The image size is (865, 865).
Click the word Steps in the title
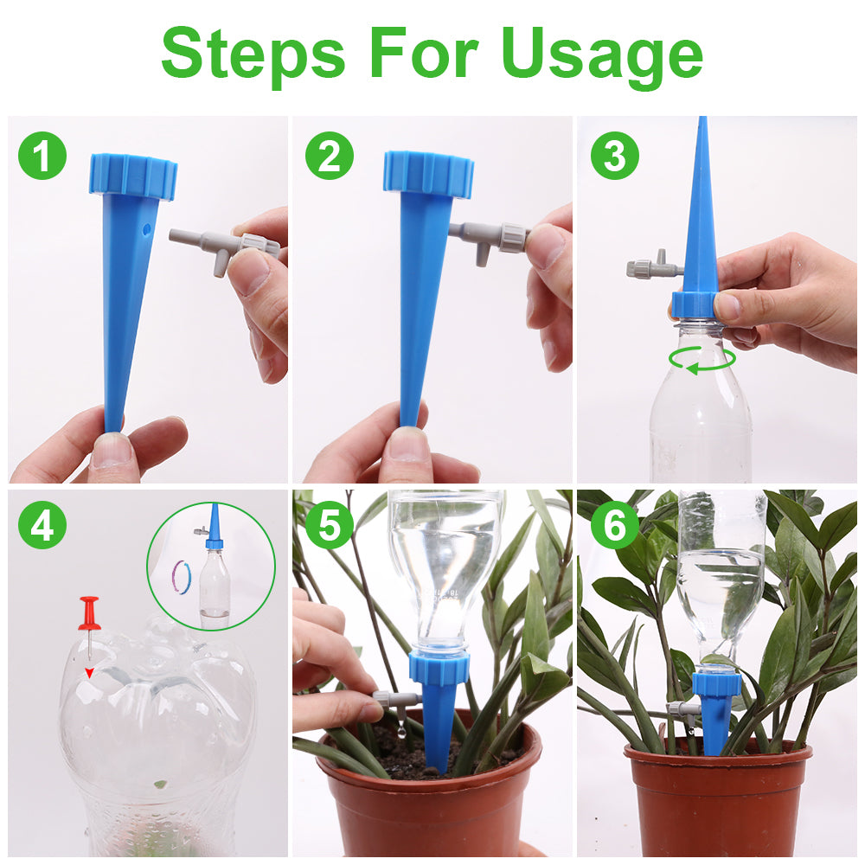253,55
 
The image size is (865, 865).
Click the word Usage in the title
602,55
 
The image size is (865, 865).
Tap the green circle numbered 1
42,156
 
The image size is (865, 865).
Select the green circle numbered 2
330,156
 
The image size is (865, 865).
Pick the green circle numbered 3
614,156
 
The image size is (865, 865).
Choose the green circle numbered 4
42,525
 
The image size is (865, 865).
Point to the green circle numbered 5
330,525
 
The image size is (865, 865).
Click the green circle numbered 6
614,525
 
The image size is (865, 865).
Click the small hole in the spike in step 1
145,228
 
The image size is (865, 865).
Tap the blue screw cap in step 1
133,176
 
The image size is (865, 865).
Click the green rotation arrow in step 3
702,360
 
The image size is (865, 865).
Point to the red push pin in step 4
88,626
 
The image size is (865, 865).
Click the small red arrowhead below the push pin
89,672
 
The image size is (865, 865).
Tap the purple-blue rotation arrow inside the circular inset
182,577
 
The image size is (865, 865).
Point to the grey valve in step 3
655,266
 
